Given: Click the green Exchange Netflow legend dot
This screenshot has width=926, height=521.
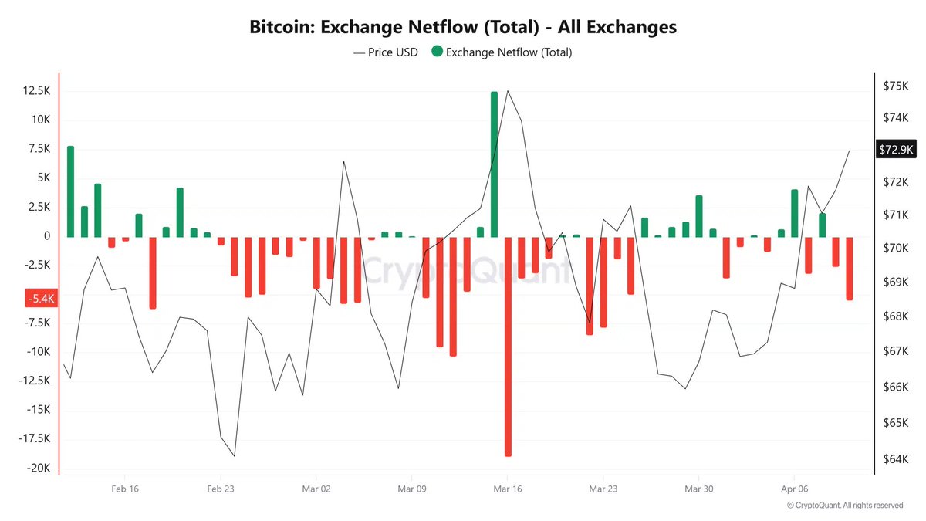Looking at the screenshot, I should (x=438, y=52).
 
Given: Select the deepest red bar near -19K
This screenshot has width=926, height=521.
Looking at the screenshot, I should (x=509, y=347).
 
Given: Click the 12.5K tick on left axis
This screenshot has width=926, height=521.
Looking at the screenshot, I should (x=37, y=90).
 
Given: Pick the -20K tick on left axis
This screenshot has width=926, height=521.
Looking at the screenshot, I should (x=39, y=469).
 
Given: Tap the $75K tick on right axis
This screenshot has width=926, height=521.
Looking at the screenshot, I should (x=894, y=86).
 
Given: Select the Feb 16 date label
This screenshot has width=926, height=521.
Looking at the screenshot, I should (x=125, y=489).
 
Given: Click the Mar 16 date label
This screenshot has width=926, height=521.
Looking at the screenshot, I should (x=507, y=489).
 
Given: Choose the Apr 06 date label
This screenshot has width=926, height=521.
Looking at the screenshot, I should (x=794, y=489).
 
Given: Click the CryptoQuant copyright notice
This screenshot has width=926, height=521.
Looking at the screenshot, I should (x=845, y=506).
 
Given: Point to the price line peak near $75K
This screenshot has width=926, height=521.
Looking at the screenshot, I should (x=508, y=91).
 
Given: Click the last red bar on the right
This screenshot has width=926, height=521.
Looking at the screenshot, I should (x=850, y=268).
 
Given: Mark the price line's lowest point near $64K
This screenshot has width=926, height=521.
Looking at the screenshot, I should (x=234, y=456).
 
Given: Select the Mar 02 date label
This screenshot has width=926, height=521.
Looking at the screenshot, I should (x=316, y=489).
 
